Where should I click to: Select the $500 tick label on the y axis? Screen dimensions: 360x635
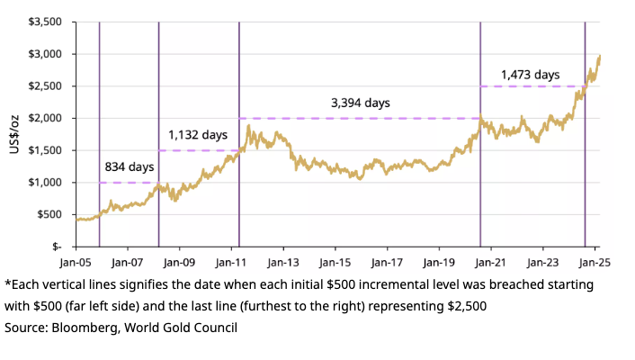point(50,214)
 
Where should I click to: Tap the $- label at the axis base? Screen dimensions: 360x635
point(56,246)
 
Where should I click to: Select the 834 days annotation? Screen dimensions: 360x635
point(130,167)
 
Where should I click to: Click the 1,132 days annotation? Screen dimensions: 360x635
point(198,135)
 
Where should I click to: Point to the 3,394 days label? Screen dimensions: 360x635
point(360,103)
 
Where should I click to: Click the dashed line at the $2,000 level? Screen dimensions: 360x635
point(360,118)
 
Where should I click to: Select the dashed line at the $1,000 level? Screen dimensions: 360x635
point(129,183)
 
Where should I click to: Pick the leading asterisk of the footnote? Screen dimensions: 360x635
point(7,283)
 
